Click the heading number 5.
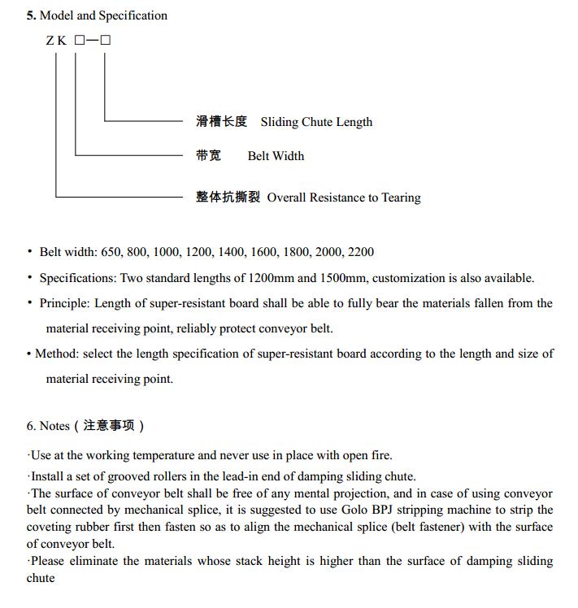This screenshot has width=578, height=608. coord(31,15)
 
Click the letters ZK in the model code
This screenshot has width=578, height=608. coord(56,41)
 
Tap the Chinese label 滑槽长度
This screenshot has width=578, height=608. coord(221,122)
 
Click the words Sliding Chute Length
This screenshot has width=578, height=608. coord(316,122)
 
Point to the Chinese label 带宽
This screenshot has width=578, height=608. coord(208,155)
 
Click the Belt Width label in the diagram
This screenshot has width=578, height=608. coord(276,155)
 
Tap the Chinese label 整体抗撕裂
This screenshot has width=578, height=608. coord(228,197)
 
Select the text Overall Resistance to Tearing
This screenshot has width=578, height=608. coord(344,198)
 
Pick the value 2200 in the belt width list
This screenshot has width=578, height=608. coord(360,253)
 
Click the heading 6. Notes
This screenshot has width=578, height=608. coord(48,426)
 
